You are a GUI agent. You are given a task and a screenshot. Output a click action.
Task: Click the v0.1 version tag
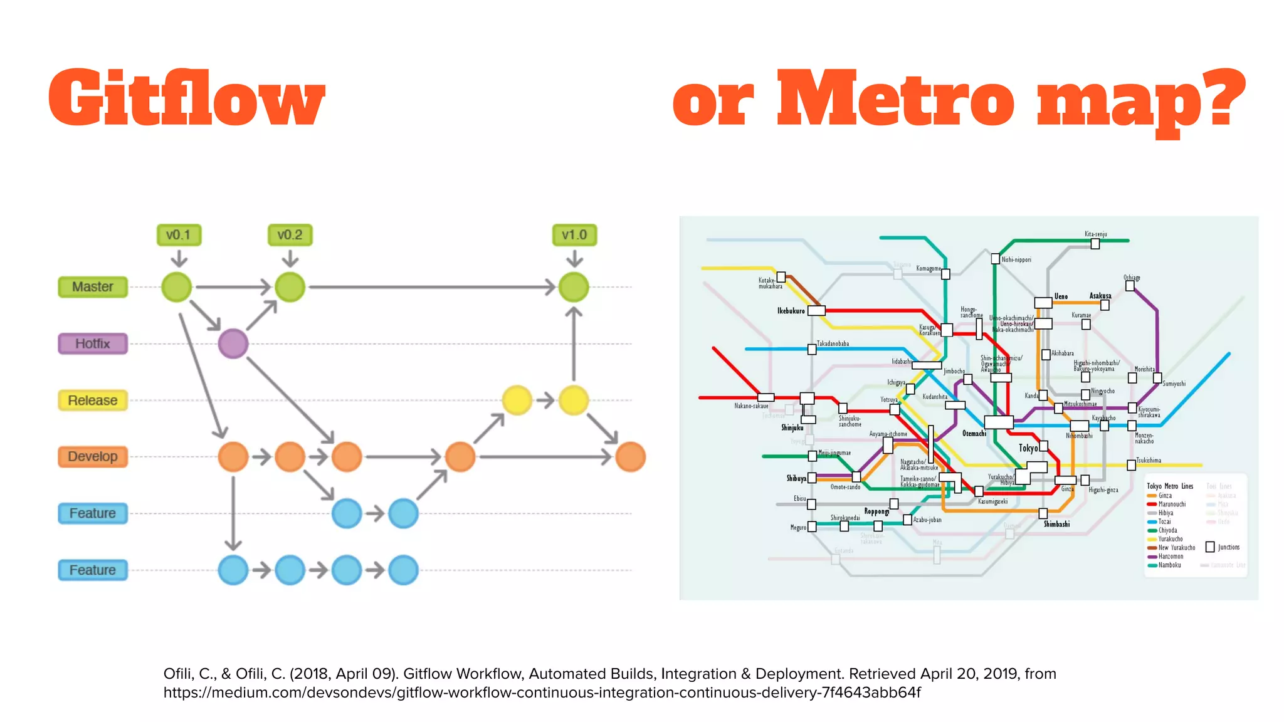pos(179,235)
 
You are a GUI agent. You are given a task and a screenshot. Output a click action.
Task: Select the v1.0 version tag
pos(574,235)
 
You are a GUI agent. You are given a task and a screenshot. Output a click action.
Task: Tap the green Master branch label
pos(93,287)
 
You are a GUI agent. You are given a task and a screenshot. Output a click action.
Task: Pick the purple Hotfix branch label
pos(93,343)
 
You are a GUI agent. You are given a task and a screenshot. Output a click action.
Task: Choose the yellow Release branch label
pos(93,400)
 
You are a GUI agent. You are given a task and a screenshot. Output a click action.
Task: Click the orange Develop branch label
pos(93,457)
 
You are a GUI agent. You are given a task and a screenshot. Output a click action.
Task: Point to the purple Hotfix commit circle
pos(233,343)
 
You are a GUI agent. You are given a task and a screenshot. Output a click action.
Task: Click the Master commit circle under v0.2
pos(290,287)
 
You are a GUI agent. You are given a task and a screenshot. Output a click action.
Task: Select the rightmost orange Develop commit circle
pos(630,457)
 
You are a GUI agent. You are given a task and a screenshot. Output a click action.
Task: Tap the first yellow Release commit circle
pos(517,400)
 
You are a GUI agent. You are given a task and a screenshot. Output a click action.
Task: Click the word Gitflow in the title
pos(187,99)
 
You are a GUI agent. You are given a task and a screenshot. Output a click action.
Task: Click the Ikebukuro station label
pos(791,311)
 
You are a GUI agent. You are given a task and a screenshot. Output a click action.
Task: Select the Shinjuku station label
pos(792,427)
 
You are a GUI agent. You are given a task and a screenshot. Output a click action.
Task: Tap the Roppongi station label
pos(876,511)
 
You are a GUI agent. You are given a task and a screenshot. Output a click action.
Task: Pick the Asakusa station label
pos(1100,296)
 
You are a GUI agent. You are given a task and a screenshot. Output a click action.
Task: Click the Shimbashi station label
pos(1056,524)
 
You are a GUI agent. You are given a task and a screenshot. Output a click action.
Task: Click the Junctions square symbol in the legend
pos(1210,547)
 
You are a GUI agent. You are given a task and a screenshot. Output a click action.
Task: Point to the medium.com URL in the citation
pos(542,693)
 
